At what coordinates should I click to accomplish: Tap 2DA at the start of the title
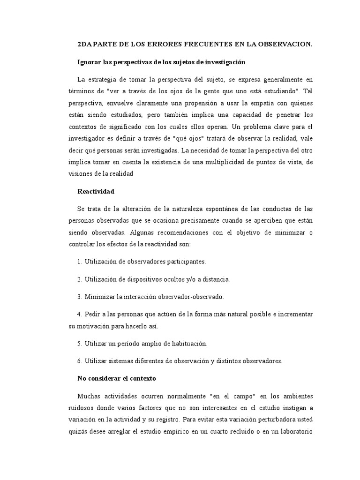click(x=85, y=44)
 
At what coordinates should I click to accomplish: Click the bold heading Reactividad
click(x=96, y=191)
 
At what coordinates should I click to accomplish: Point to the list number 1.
click(x=79, y=262)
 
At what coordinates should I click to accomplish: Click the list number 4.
click(x=79, y=314)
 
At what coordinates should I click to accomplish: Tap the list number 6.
click(x=79, y=361)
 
